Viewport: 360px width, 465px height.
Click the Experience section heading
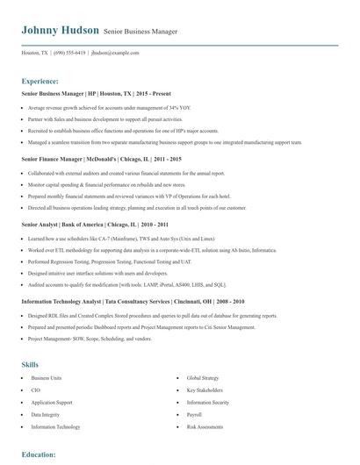(40, 81)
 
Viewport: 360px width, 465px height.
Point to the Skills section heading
(30, 339)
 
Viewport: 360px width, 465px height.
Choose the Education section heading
(39, 454)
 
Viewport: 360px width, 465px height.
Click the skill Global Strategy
(202, 353)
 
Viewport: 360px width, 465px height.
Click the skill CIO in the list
(36, 365)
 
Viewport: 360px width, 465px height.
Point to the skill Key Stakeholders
(203, 365)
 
